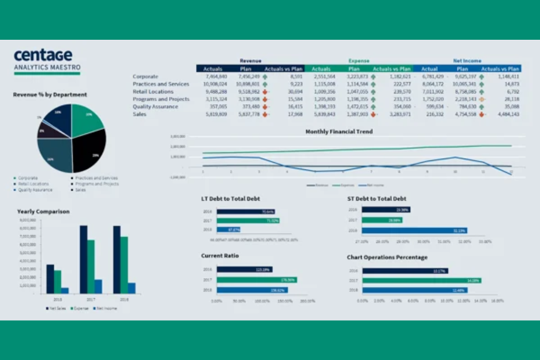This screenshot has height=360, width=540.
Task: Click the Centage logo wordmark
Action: (x=43, y=56)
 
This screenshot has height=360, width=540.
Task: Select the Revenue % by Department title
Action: (x=50, y=95)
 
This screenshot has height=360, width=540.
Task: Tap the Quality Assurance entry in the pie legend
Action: (x=35, y=189)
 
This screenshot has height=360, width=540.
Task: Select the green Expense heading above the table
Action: (x=358, y=61)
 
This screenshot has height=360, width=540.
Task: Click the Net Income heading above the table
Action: (x=467, y=61)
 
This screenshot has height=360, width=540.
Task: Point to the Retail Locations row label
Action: (x=153, y=91)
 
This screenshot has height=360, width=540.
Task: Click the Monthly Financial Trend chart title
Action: (x=339, y=132)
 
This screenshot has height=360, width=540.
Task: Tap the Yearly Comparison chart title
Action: (x=43, y=212)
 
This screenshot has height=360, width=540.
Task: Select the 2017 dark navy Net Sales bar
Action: (x=84, y=259)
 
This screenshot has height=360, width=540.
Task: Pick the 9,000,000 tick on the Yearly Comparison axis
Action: (x=28, y=220)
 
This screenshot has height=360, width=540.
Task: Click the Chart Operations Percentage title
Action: (x=387, y=257)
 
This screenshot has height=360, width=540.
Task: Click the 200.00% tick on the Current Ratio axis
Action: (x=307, y=301)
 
